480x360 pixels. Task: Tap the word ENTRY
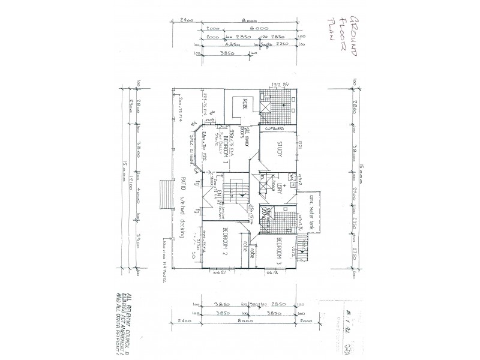pos(212,197)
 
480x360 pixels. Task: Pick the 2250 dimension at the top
pos(282,44)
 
